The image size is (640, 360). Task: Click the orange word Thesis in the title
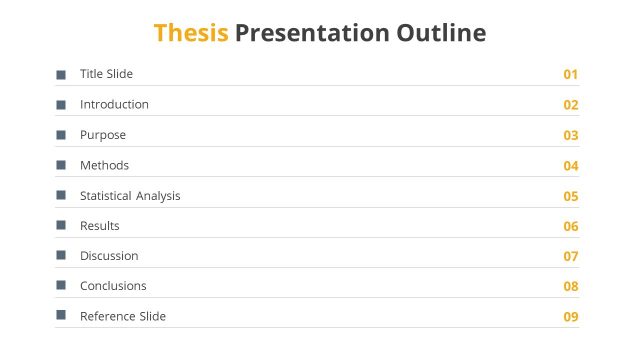click(x=191, y=33)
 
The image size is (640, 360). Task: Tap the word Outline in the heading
click(x=441, y=33)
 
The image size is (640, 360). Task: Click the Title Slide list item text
click(x=106, y=74)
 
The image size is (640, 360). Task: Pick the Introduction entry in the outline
click(x=114, y=104)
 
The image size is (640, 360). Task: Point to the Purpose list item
click(x=103, y=135)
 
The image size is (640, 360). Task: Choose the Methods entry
click(x=104, y=165)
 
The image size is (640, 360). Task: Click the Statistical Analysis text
click(x=130, y=196)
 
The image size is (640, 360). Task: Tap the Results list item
click(x=100, y=226)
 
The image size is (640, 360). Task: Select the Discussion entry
click(x=109, y=256)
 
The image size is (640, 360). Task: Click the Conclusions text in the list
click(x=113, y=286)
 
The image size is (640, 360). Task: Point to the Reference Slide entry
click(x=123, y=316)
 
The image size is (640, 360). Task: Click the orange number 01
click(x=571, y=75)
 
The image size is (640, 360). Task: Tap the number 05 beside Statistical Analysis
click(x=571, y=196)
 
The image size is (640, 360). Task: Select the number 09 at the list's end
click(x=571, y=317)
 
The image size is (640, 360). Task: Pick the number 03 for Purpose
click(x=571, y=135)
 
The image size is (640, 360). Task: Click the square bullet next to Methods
click(x=61, y=165)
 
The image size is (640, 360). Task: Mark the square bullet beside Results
click(x=61, y=226)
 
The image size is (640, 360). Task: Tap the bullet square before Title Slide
click(x=61, y=75)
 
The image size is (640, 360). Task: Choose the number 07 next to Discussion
click(x=571, y=257)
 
